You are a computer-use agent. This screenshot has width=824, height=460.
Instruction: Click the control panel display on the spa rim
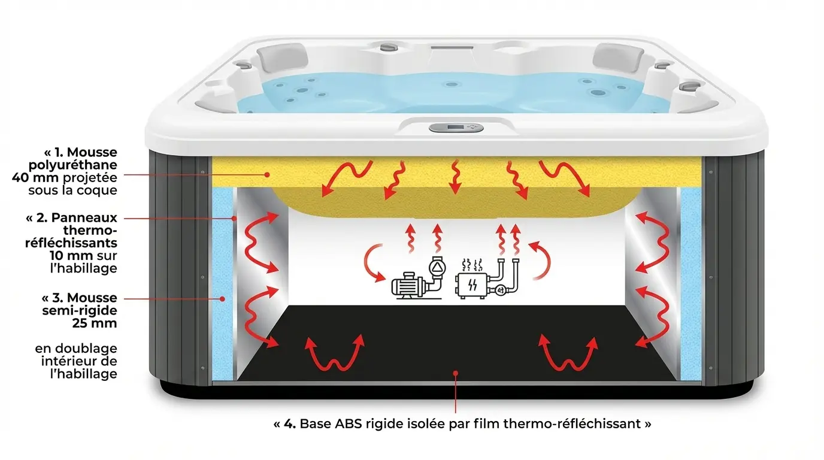tap(456, 128)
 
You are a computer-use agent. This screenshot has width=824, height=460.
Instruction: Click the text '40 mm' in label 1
tap(35, 178)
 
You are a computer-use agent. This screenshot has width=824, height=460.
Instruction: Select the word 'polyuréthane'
tap(73, 165)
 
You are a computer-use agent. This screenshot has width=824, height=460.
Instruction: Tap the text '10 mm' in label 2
tap(71, 255)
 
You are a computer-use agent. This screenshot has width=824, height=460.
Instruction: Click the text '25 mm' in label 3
tap(95, 323)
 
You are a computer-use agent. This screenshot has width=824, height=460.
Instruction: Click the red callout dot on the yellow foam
tap(268, 175)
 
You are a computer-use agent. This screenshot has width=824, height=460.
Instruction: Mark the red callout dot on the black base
tap(455, 373)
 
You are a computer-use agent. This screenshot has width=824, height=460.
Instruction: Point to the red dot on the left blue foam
tap(222, 299)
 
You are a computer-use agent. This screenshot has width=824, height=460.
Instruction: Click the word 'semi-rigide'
tap(80, 311)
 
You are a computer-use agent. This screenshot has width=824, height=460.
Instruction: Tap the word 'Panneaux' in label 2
tap(84, 218)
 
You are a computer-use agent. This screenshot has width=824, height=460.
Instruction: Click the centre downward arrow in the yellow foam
tap(455, 177)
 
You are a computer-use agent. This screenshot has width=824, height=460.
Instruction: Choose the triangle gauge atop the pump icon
tap(437, 267)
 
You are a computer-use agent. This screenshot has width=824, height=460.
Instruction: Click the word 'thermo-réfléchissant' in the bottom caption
tap(572, 424)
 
